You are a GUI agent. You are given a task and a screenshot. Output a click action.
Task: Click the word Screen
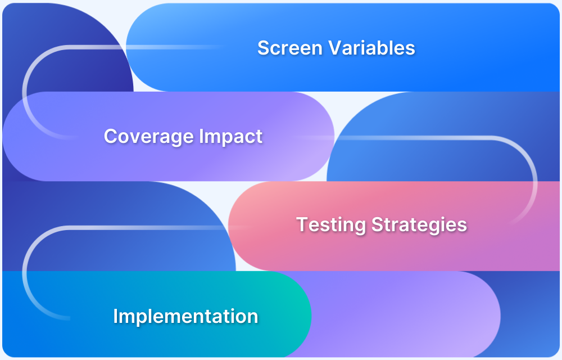point(290,48)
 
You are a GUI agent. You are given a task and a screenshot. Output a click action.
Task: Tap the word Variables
point(371,48)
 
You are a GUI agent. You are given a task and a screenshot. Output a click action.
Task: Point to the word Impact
point(231,137)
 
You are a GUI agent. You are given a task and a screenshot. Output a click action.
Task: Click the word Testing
point(331,225)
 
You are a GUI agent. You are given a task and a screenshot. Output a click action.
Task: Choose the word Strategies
point(419,225)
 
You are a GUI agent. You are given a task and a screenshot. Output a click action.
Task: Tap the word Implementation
point(185,316)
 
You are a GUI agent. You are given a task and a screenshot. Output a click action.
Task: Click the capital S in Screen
point(264,48)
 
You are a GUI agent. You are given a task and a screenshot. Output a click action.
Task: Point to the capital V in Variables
point(336,48)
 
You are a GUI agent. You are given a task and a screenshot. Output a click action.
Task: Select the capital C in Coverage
point(111,136)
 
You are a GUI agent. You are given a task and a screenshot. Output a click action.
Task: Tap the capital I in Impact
point(201,136)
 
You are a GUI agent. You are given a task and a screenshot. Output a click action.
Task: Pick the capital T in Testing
point(303,224)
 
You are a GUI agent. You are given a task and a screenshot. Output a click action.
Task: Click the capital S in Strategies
point(377,224)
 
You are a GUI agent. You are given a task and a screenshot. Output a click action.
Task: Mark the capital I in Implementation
point(116,316)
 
